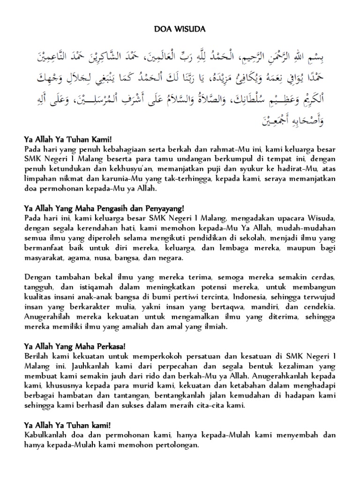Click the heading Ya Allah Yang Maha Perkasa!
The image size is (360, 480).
[x=75, y=346]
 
